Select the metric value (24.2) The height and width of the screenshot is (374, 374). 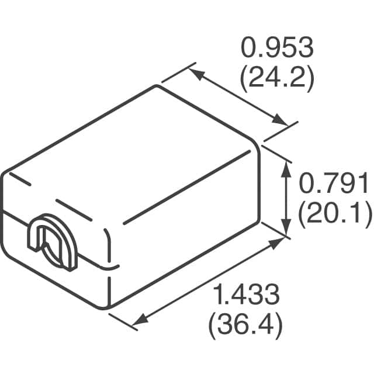point(278,79)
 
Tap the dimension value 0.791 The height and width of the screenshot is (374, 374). point(335,185)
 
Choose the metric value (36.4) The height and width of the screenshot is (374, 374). point(245,324)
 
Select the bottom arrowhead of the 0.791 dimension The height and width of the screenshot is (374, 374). point(285,230)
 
